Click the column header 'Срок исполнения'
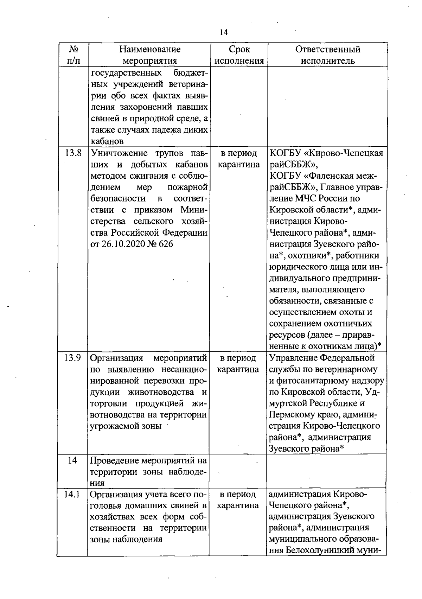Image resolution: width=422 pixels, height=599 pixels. [239, 55]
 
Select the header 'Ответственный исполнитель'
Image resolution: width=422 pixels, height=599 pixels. [328, 55]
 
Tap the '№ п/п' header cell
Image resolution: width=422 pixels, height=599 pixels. [73, 55]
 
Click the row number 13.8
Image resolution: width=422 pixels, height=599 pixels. [73, 153]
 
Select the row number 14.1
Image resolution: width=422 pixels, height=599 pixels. [72, 494]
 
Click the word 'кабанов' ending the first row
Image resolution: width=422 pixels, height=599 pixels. [107, 141]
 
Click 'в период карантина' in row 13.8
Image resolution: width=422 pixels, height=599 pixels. [239, 159]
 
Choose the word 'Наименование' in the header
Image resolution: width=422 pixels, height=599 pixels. [149, 49]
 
